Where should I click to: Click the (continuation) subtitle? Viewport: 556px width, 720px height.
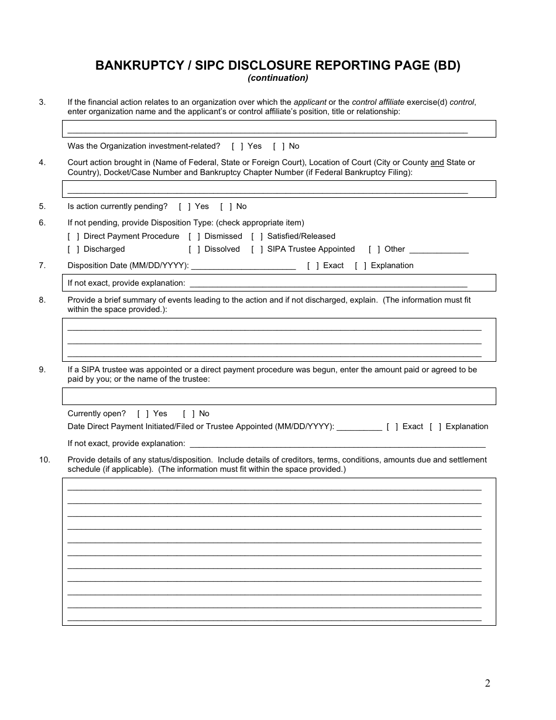pos(277,78)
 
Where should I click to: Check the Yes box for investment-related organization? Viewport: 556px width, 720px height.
pos(238,146)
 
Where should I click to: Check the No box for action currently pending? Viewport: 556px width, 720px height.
pos(226,207)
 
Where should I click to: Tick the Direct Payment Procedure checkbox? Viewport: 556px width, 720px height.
pos(74,236)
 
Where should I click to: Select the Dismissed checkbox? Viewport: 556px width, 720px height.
pos(194,236)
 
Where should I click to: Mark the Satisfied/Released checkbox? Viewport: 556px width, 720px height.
pos(257,236)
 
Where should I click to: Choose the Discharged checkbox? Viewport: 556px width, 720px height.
pos(74,249)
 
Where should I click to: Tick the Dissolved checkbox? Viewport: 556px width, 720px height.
pos(194,249)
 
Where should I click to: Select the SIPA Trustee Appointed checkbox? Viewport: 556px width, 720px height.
pos(257,249)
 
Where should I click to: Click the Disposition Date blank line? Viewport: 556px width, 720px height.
pos(243,267)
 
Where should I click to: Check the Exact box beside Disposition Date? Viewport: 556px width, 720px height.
pos(313,266)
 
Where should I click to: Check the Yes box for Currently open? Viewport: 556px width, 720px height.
pos(143,414)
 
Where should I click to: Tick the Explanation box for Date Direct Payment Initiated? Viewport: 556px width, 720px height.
pos(435,427)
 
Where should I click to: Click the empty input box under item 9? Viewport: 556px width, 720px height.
pos(279,396)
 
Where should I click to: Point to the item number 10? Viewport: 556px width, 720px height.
pos(44,460)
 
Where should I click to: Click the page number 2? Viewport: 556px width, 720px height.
pos(488,683)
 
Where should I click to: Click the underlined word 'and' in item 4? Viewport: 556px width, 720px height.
pos(437,163)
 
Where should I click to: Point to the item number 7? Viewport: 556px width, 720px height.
pos(42,266)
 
